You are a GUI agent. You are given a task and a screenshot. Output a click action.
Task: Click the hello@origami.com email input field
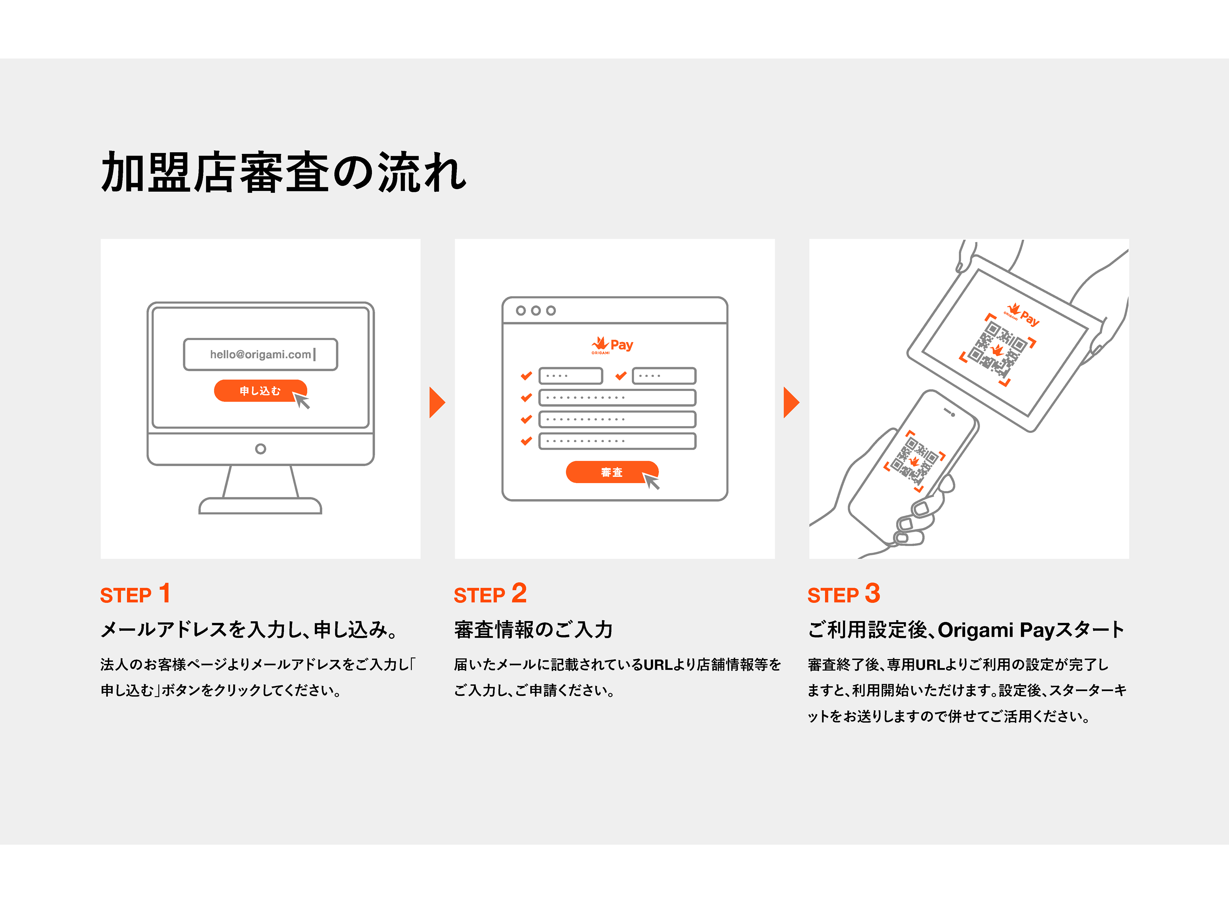260,355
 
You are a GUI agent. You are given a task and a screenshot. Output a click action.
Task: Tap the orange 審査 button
611,472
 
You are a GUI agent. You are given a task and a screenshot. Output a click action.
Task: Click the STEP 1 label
135,594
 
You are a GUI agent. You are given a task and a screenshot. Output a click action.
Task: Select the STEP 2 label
490,594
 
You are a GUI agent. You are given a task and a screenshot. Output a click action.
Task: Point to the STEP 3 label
843,594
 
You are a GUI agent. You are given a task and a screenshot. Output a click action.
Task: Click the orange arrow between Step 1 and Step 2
437,402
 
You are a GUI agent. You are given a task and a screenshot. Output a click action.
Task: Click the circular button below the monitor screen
260,449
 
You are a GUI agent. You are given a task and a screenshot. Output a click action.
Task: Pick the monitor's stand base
260,506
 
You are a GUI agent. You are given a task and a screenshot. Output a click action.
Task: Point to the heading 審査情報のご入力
533,629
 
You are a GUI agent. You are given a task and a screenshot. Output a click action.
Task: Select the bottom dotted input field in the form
617,441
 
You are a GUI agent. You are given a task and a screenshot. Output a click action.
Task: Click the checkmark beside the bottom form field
526,441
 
